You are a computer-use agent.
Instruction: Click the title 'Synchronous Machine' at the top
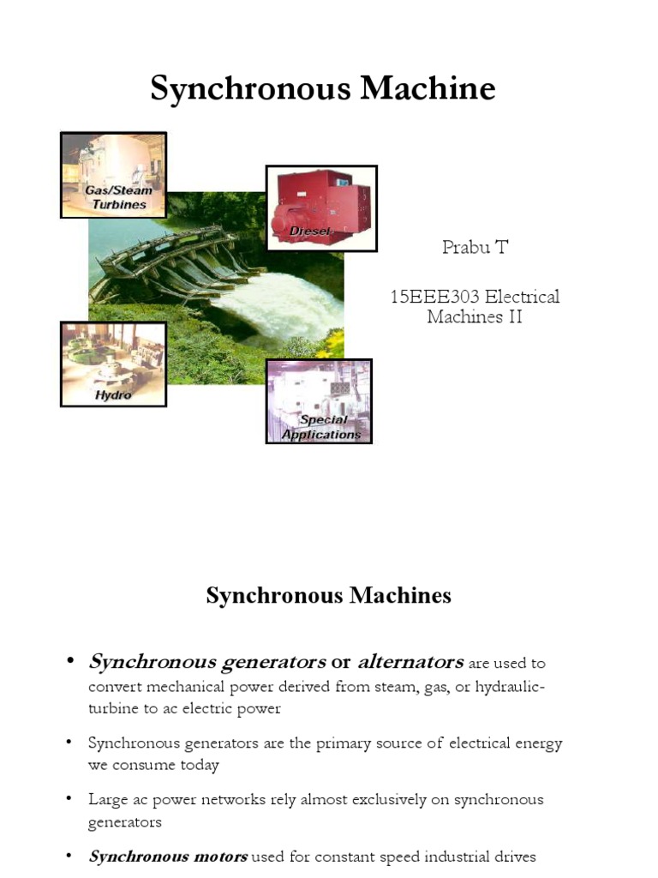tap(323, 88)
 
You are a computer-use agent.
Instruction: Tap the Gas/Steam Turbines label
tap(118, 197)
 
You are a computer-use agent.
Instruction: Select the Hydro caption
tap(113, 395)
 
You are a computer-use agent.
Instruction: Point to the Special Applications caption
tap(322, 427)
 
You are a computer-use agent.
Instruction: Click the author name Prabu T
tap(474, 248)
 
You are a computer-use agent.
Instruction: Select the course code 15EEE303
tap(431, 297)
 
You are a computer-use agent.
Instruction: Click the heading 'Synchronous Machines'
tap(328, 595)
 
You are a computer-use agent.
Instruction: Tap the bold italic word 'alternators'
tap(410, 662)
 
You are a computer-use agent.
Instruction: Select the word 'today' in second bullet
tap(199, 765)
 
